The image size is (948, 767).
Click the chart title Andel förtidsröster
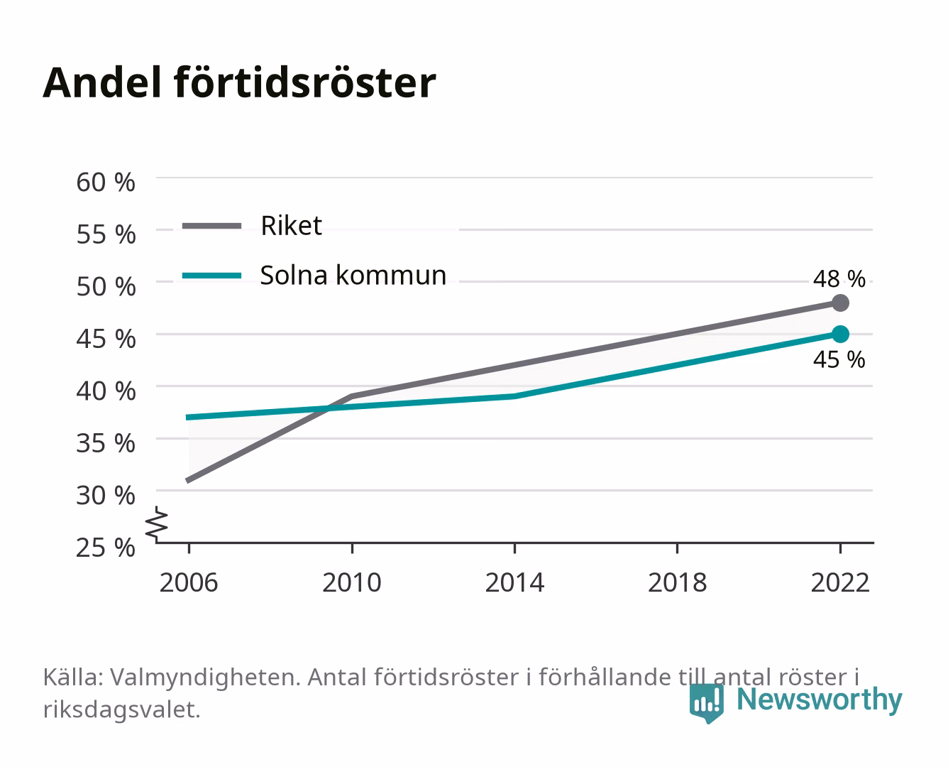[239, 83]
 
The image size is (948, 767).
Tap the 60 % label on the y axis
[106, 183]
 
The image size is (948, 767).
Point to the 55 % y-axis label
[106, 235]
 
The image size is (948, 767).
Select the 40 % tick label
[106, 391]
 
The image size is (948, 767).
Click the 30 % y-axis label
[106, 496]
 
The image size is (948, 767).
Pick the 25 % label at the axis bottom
[106, 548]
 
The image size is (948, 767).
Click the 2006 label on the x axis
[189, 583]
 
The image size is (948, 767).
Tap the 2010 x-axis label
[352, 583]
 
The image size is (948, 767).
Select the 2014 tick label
[514, 583]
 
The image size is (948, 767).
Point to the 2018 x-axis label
[678, 583]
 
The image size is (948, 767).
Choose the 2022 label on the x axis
[840, 583]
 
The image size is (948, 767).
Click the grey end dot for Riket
[840, 303]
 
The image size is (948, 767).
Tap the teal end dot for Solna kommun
[840, 334]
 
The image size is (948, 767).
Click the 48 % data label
[839, 279]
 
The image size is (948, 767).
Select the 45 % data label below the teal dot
[839, 360]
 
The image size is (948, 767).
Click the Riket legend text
[291, 226]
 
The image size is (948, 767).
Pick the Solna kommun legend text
[353, 276]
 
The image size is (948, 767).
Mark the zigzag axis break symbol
[157, 524]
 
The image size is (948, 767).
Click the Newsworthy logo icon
[706, 703]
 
